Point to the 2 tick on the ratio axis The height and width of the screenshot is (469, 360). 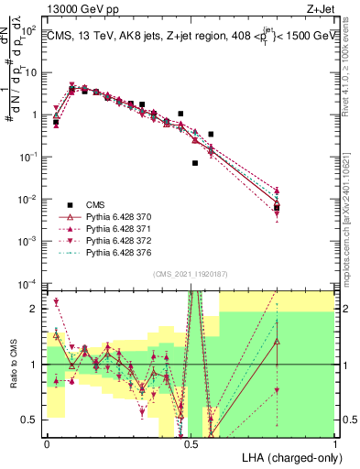[x=37, y=309]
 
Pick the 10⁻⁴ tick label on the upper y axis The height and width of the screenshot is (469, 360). [x=30, y=284]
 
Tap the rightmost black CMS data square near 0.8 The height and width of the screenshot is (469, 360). [x=277, y=208]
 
